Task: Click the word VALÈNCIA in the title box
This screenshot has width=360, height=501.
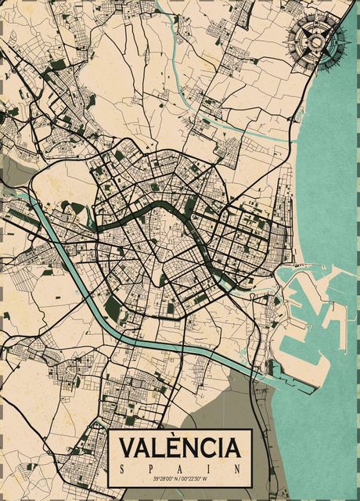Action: coord(179,448)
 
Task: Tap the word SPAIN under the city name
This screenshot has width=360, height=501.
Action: coord(179,467)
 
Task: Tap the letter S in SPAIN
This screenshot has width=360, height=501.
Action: coord(123,467)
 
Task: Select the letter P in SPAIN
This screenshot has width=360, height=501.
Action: coord(151,467)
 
